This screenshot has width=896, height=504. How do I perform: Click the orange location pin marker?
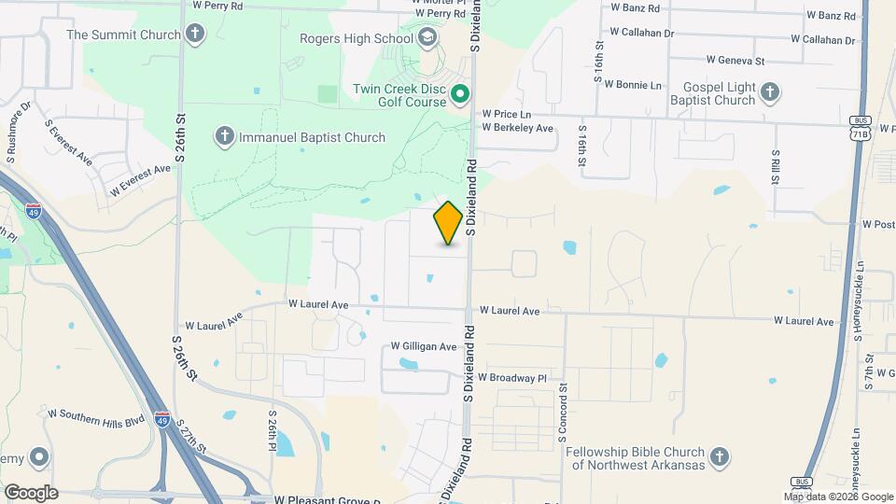tap(448, 222)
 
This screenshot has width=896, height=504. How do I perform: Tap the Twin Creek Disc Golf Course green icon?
tap(460, 94)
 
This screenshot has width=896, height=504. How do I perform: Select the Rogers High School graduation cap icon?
tap(427, 37)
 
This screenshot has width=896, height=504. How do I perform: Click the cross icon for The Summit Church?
tap(194, 35)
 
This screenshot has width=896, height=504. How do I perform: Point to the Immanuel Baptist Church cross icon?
tap(224, 137)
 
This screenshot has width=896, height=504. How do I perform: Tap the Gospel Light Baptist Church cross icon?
tap(769, 91)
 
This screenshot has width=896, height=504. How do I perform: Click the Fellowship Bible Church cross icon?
tap(719, 456)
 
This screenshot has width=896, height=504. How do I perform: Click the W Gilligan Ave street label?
tap(423, 346)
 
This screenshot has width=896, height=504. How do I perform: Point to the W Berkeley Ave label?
tap(518, 128)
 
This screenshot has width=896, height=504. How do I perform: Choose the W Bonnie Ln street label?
tap(633, 84)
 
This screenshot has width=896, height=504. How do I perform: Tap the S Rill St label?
tap(775, 168)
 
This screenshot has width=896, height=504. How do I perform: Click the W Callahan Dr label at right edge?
tap(822, 40)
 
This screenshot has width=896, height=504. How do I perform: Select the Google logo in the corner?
tap(30, 492)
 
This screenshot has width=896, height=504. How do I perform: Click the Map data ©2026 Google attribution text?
tap(837, 497)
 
